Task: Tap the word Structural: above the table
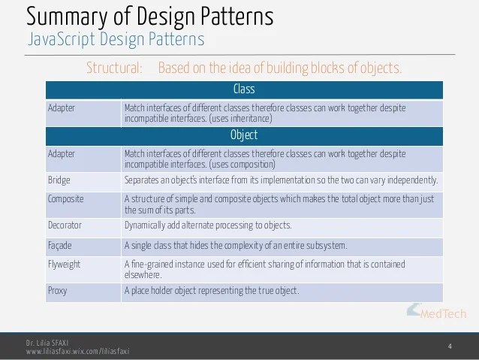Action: click(x=114, y=68)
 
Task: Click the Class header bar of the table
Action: click(x=244, y=89)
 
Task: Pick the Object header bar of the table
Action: click(x=244, y=135)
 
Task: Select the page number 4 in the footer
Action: click(x=449, y=346)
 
